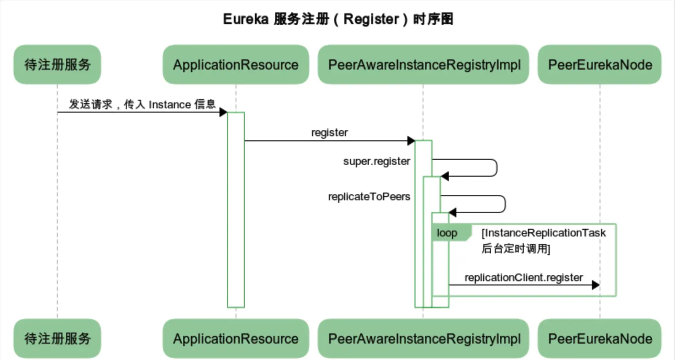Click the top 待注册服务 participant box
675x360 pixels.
(x=57, y=64)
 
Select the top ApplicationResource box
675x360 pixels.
(x=236, y=64)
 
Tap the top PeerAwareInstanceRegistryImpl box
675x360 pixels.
(x=423, y=64)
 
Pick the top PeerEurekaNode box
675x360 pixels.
(x=600, y=64)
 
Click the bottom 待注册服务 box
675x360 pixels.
(x=57, y=339)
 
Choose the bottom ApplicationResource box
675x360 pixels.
(x=236, y=339)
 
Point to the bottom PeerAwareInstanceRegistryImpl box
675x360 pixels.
(x=423, y=339)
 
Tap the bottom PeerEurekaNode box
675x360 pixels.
(x=600, y=339)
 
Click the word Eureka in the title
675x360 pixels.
(x=245, y=19)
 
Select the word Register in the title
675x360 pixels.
(x=371, y=19)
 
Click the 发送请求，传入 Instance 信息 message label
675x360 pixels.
(x=142, y=104)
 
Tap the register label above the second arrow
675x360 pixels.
(x=329, y=132)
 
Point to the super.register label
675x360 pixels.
(x=376, y=161)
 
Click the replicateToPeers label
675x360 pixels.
(x=369, y=196)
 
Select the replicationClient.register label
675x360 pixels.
(x=523, y=277)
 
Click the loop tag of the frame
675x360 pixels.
(x=447, y=233)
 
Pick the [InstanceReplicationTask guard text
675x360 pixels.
(x=544, y=233)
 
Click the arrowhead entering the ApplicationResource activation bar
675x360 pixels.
(x=223, y=112)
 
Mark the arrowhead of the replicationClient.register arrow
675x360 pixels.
(x=595, y=285)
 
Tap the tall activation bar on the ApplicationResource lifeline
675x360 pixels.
(x=236, y=211)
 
